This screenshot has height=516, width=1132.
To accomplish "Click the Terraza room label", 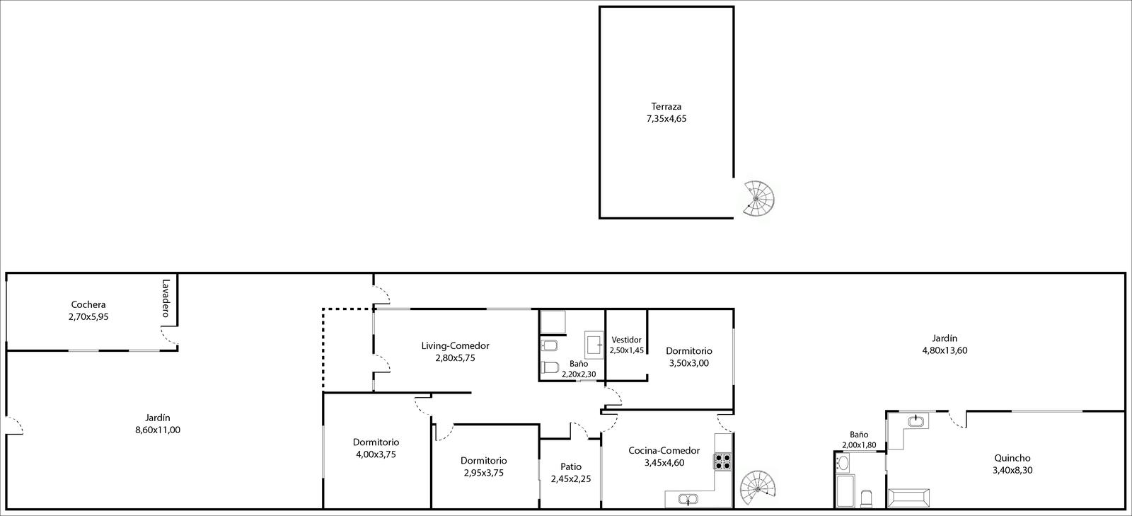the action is coord(666,107).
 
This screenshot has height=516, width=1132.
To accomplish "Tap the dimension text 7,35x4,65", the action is coord(666,120).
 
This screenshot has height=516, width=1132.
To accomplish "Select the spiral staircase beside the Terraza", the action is coord(758,199).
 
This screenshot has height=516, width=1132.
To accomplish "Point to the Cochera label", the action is coord(88,305).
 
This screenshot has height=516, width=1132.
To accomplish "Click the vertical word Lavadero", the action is coord(166,298).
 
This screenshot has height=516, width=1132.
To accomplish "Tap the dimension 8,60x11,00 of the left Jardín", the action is coord(158,430).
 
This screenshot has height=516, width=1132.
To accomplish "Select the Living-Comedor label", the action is coord(456,345).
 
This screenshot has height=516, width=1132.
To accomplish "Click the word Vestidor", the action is coord(627,340).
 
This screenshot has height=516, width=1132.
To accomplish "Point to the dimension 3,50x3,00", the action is coord(689,363).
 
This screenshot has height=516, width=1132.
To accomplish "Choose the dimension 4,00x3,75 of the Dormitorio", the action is coord(376,454).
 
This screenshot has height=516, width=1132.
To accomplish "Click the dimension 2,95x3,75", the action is coord(484,473).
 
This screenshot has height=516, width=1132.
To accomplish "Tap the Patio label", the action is coord(571,467).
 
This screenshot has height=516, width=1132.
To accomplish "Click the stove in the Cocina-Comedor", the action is coord(722,461).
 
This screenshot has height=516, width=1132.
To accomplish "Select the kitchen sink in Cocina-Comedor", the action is coord(688,499).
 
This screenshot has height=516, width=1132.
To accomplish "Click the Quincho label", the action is coord(1012,459).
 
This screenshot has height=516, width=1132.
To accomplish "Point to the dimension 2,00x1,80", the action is coord(859,445).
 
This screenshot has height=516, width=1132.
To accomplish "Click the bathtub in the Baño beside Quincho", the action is coord(845,491).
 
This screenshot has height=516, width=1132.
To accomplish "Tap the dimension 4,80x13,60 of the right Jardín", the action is coord(945,351).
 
